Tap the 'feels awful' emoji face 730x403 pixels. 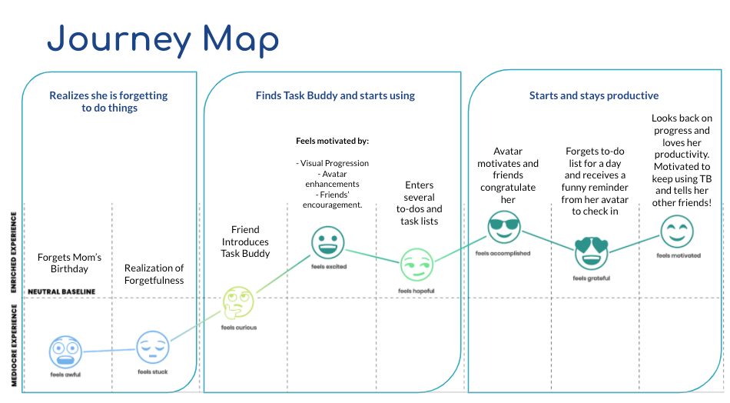65,351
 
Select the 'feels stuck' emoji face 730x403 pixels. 153,348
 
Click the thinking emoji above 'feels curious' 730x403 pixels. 238,302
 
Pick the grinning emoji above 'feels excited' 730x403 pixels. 328,242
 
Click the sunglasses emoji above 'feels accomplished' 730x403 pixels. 504,228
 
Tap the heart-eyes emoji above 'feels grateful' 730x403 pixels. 591,252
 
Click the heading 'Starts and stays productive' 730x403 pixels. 593,96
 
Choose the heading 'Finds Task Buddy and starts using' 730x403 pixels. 335,96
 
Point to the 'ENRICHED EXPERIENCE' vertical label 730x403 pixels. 14,245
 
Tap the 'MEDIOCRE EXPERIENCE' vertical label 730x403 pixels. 14,345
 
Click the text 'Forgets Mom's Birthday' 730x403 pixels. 69,263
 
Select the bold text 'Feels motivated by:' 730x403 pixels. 332,142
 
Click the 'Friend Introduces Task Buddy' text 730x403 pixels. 245,241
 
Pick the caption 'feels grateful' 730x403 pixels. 591,278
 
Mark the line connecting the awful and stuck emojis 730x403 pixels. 109,351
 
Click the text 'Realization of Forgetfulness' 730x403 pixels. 154,275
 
